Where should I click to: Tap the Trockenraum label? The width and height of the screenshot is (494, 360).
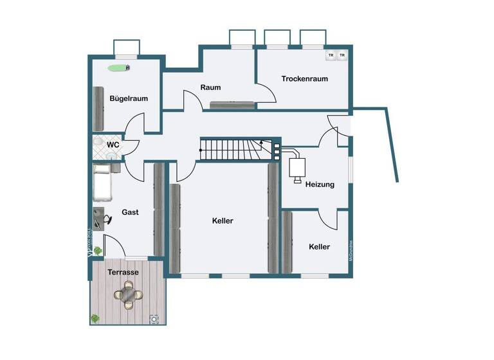[304, 78]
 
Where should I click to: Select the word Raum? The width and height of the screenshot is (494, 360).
[210, 87]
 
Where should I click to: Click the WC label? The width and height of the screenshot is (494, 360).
[113, 145]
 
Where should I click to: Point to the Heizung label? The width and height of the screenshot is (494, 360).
[320, 184]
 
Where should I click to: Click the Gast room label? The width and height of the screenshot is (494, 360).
[130, 212]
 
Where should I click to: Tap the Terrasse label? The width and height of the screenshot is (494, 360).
[123, 272]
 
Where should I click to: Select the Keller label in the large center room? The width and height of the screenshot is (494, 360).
[223, 221]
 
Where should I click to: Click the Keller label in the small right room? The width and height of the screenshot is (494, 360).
[319, 246]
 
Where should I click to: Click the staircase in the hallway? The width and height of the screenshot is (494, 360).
[235, 149]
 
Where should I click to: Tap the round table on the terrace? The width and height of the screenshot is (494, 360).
[129, 296]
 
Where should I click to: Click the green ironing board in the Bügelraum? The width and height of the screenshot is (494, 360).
[119, 67]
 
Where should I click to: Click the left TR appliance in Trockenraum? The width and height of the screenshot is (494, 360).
[331, 55]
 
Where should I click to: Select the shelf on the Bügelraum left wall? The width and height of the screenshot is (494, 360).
[99, 107]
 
